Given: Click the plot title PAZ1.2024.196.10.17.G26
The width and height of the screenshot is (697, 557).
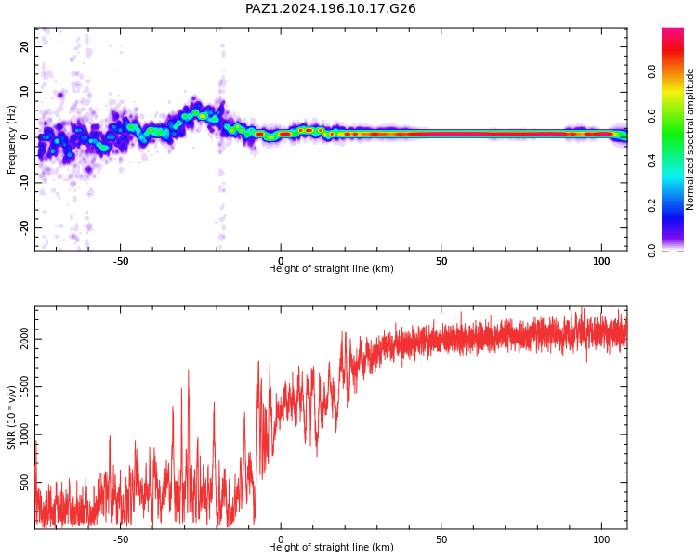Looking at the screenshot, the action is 330,8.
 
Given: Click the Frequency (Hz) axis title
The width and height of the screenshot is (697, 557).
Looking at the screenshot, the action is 11,139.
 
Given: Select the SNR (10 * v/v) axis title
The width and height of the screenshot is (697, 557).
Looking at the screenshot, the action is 11,418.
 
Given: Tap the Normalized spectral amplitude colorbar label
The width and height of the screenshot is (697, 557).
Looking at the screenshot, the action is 690,139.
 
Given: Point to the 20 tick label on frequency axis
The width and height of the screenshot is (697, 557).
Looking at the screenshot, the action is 24,46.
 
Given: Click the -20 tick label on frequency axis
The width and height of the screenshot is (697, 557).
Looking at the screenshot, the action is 24,227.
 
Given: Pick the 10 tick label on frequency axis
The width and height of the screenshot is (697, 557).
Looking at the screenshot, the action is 24,92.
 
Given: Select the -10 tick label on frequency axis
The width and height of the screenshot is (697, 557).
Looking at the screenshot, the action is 24,183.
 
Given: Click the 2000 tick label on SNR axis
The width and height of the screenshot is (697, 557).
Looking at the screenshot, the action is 24,339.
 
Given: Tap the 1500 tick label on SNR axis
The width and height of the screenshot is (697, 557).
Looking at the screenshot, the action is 24,387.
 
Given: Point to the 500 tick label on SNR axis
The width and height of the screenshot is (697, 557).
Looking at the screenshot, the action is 24,483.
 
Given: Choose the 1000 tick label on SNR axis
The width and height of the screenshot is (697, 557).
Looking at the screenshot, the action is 24,434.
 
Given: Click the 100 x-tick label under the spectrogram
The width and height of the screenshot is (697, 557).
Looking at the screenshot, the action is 601,261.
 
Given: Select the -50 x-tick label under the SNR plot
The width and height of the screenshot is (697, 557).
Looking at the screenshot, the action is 121,539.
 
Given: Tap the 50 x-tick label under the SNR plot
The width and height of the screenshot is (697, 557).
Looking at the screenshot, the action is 441,539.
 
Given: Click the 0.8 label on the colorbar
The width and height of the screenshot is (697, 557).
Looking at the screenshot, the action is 651,71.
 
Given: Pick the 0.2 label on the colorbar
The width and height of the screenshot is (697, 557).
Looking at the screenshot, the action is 651,206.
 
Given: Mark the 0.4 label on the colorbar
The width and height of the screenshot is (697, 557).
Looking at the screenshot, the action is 651,161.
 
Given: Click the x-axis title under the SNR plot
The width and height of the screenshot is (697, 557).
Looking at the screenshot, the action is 331,547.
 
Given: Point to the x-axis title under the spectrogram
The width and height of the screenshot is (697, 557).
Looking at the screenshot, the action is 331,268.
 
